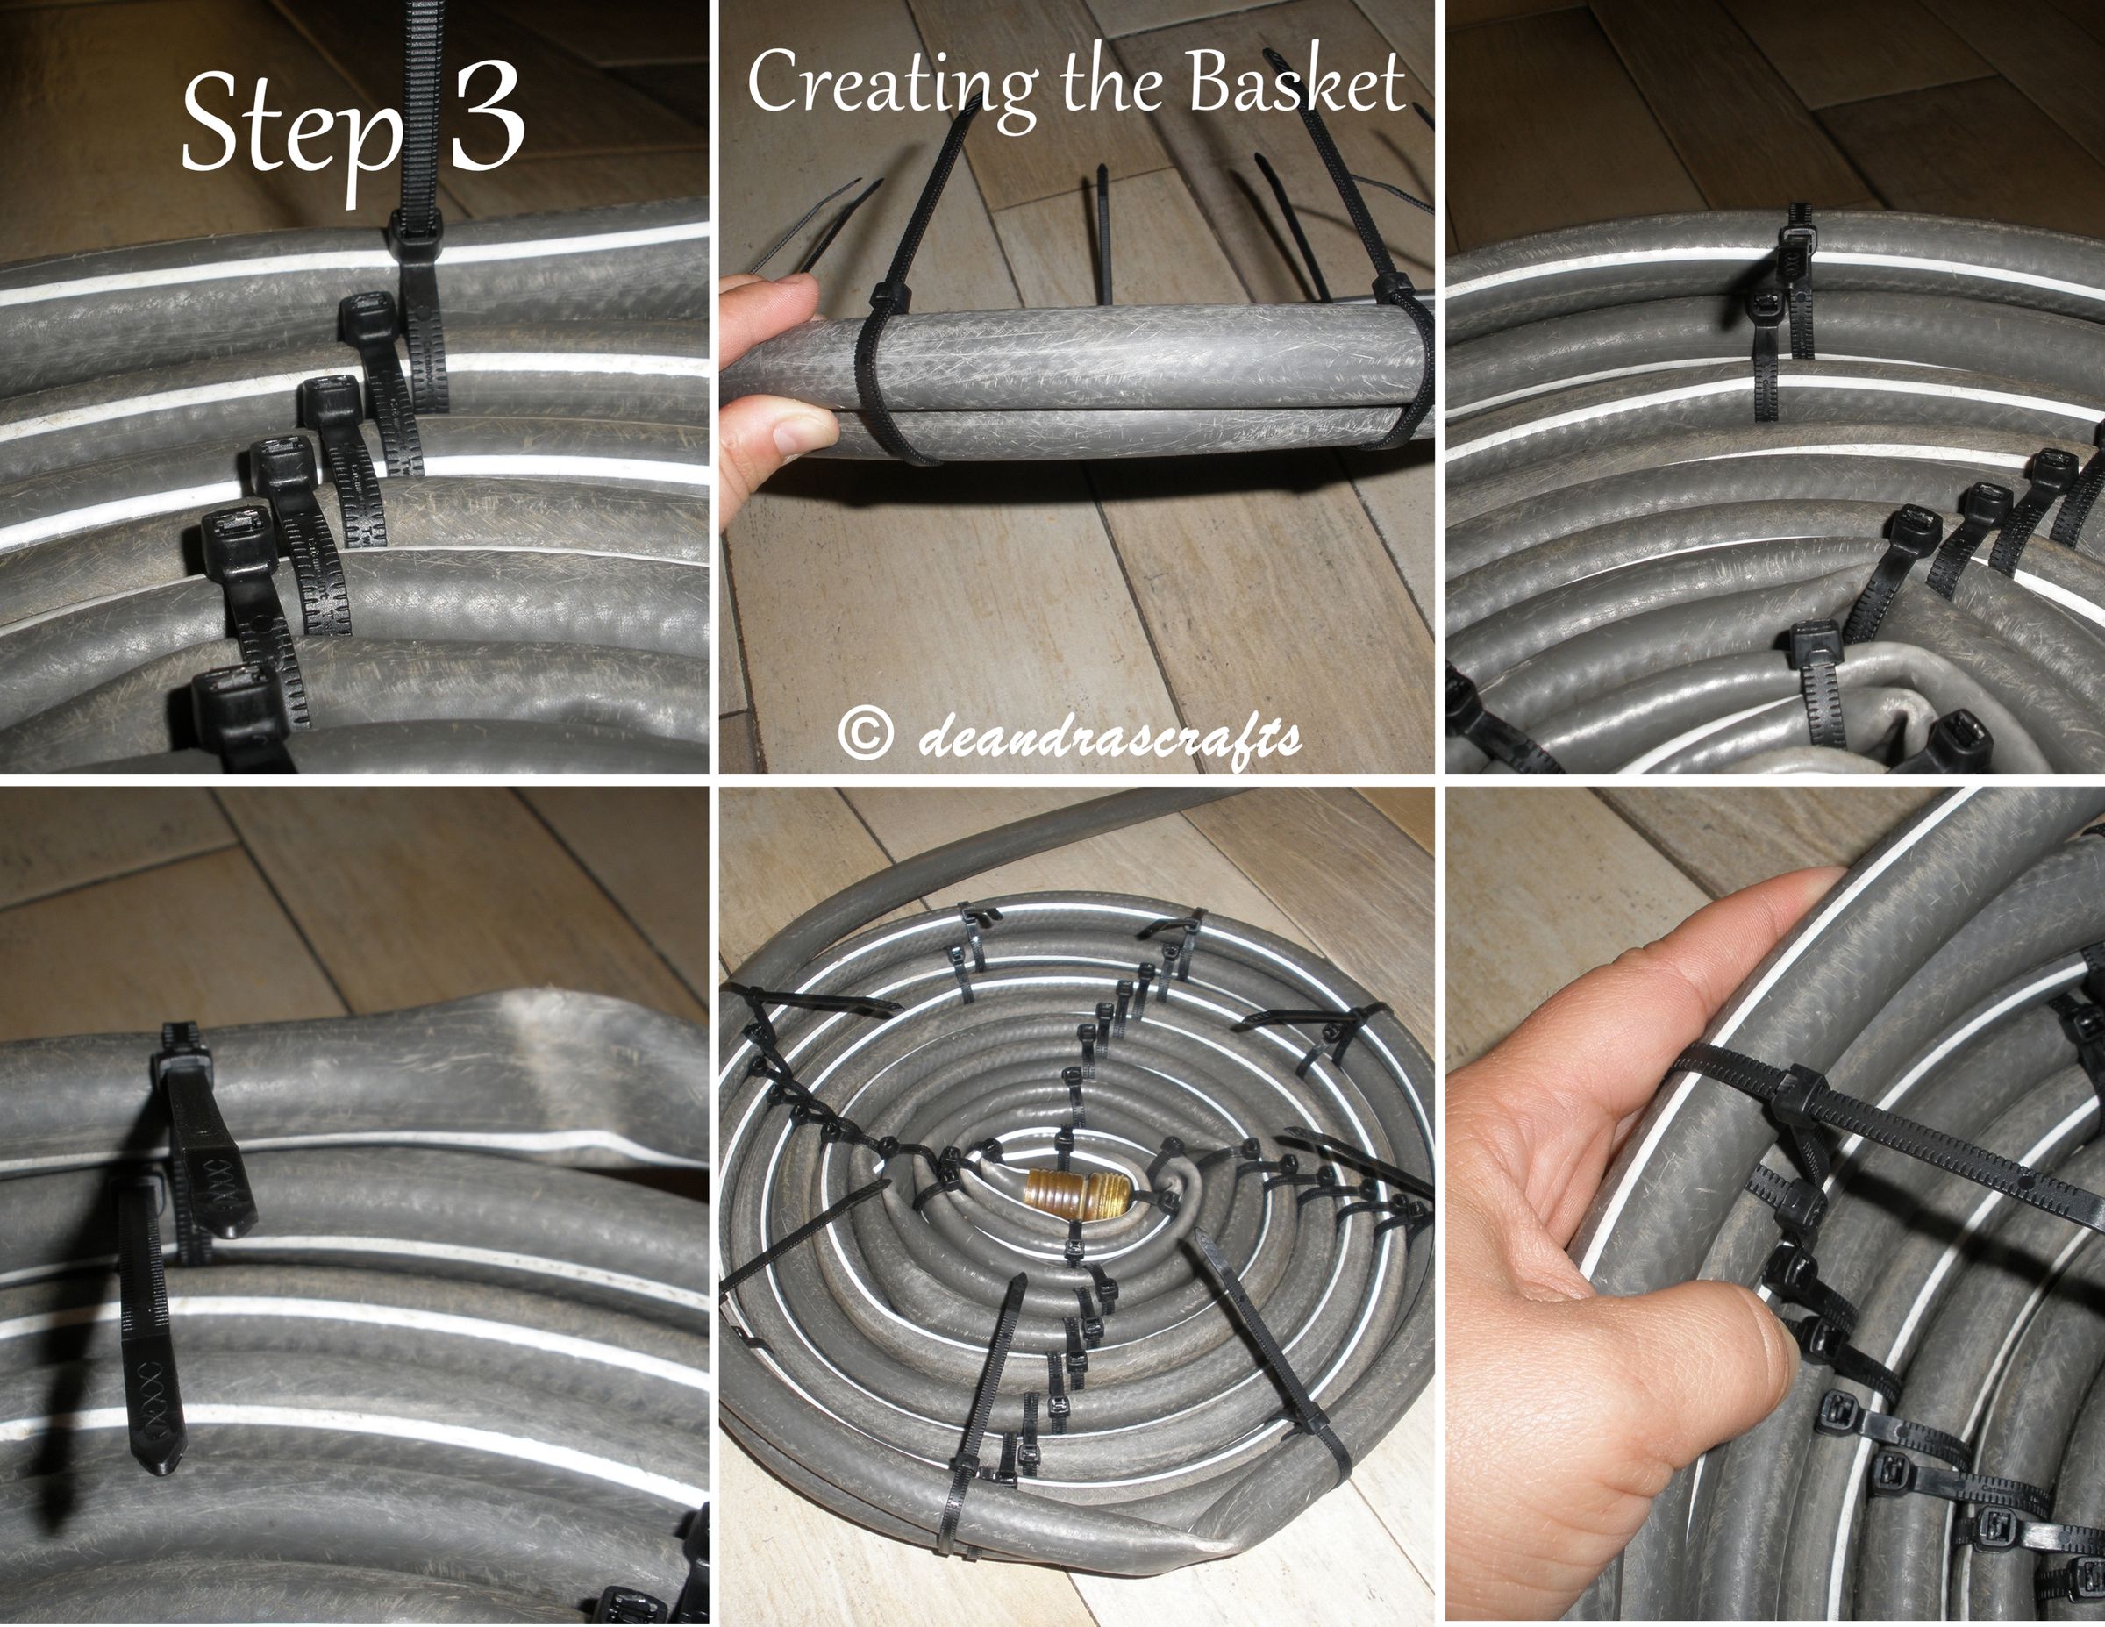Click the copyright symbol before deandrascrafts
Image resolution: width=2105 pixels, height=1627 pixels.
(x=863, y=735)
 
